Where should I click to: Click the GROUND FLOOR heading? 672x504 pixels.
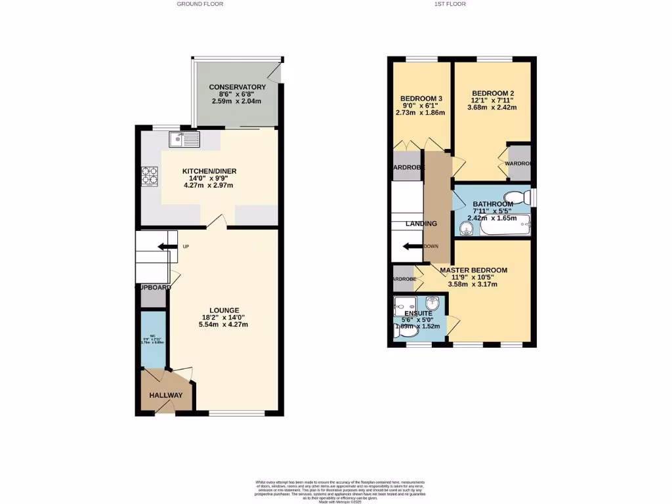(200, 4)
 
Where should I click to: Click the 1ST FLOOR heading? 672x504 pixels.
(450, 4)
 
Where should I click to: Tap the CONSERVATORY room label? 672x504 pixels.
(237, 87)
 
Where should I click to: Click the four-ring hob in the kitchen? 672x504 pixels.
(150, 176)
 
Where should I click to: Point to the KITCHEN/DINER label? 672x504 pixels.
(209, 171)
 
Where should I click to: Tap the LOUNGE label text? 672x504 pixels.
(224, 310)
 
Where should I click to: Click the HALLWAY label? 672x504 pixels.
(165, 396)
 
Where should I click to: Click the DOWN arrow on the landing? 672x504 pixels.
(413, 247)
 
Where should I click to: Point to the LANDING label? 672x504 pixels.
(421, 224)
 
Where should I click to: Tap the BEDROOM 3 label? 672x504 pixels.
(421, 99)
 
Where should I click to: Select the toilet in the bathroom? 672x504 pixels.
(518, 198)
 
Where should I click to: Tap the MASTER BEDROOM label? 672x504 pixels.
(473, 270)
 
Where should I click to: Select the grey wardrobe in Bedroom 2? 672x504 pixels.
(519, 163)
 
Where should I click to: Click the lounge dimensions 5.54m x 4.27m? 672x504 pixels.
(224, 324)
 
